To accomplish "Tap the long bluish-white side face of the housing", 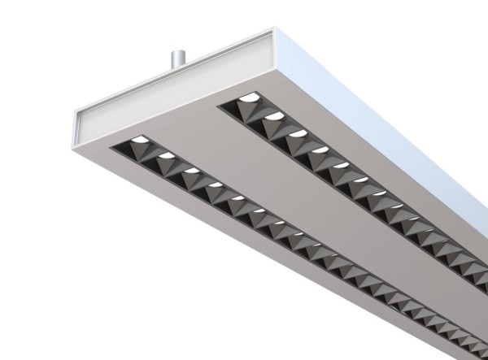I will (390, 114).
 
